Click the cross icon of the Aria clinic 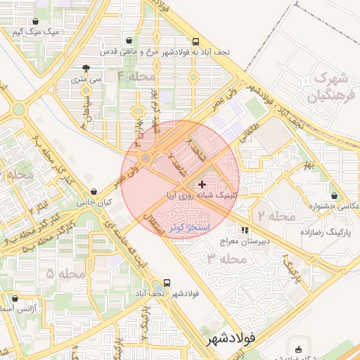tap(203, 184)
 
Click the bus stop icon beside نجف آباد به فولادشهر tap(195, 41)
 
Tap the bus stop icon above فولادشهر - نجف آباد tap(167, 283)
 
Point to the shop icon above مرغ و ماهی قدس tap(127, 41)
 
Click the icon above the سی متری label tap(86, 68)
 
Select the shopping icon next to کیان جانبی tap(94, 191)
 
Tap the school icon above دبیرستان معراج tap(245, 230)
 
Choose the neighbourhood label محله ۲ tap(276, 215)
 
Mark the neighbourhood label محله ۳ tap(228, 259)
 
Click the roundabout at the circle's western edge tap(146, 159)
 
